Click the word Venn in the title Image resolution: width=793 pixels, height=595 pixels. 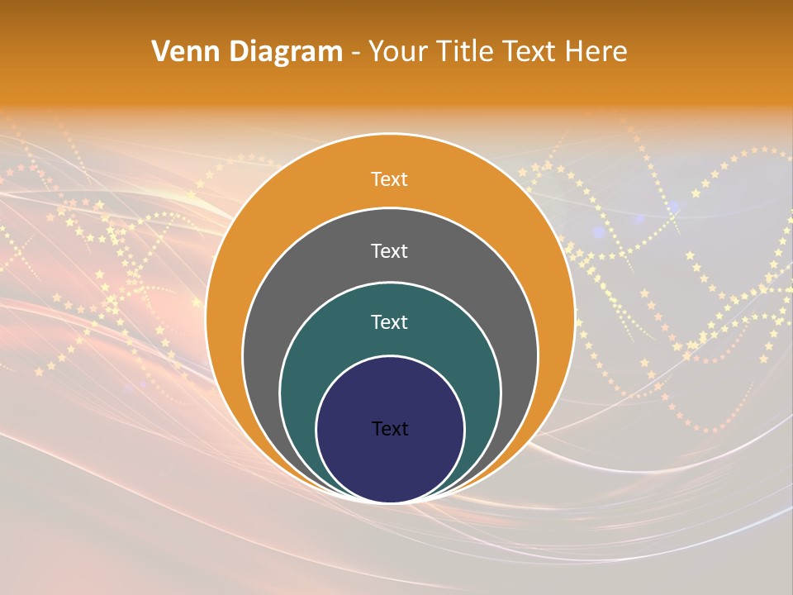point(183,52)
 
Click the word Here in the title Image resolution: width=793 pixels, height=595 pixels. point(596,52)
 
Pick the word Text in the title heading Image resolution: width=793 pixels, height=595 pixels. point(532,52)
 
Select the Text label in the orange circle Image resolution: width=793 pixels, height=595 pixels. point(389,179)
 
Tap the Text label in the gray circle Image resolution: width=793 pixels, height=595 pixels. point(389,250)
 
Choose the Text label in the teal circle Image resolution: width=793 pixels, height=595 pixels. point(389,322)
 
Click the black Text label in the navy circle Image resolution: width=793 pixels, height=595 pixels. point(390,429)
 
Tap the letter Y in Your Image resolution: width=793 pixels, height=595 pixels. point(377,52)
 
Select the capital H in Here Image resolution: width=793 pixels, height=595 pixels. point(573,52)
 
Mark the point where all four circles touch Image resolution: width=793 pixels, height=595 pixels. point(390,502)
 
